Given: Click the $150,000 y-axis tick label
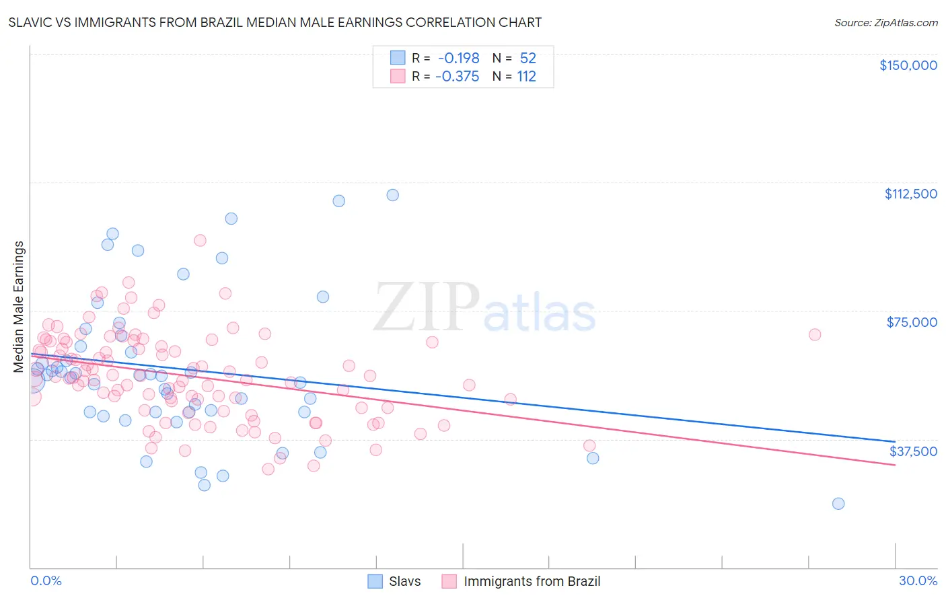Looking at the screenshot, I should point(908,65).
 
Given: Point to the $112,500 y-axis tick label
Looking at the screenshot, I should point(910,194).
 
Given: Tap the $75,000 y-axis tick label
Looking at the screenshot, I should point(912,322).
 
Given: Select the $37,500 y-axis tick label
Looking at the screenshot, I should point(913,451).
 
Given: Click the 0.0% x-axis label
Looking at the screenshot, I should point(46,580).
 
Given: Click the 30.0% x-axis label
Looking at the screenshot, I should point(918,580).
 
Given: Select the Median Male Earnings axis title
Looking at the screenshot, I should point(19,307).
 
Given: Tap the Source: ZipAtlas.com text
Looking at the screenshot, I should point(885,22).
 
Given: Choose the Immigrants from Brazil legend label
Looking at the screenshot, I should point(532,581).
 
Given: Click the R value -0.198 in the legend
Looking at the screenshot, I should point(458,59).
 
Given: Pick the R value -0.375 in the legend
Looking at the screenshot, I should point(458,77).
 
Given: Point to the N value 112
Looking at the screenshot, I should point(526,77).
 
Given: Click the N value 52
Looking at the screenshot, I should point(527,59).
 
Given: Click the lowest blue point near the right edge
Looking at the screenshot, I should point(838,504).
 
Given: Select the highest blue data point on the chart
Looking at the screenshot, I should point(392,195).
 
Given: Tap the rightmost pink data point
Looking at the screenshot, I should point(814,334).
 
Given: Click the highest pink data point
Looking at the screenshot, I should point(200,240).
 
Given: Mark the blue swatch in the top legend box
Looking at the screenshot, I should point(398,59).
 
